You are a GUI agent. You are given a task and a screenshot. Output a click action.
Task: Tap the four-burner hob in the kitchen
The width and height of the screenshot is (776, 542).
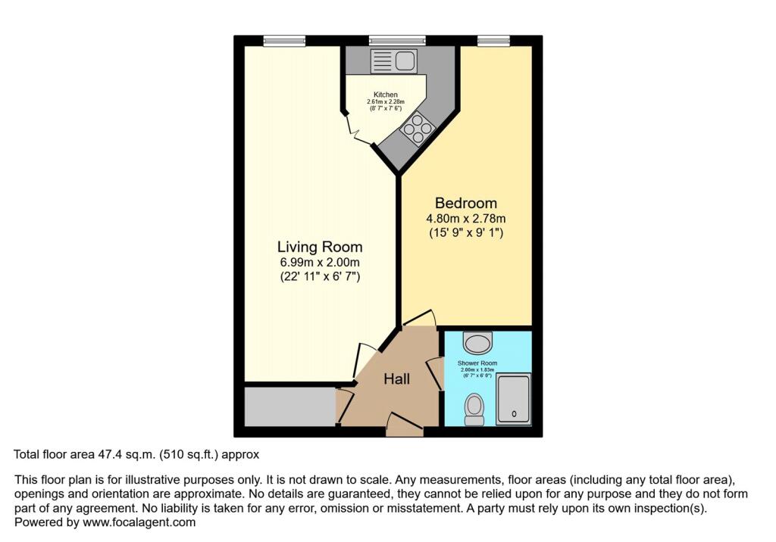(416, 129)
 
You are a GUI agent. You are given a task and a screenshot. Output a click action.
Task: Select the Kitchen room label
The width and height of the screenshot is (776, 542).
(380, 95)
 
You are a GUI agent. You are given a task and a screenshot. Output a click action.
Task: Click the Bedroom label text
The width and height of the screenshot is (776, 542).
(465, 203)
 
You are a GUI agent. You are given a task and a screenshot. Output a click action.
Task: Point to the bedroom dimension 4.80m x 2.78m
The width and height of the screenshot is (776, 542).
(465, 219)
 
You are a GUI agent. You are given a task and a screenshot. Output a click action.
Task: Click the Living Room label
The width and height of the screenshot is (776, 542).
(320, 247)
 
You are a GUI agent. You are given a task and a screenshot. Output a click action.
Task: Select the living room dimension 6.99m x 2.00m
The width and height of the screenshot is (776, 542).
(320, 263)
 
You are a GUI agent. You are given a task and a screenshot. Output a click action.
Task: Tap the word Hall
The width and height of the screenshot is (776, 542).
(396, 378)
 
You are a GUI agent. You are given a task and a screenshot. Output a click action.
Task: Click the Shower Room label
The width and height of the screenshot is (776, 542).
(477, 364)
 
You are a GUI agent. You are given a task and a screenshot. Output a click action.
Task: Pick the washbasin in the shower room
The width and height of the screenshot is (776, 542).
(477, 344)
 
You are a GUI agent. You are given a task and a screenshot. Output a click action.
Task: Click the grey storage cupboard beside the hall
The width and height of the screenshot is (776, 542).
(289, 406)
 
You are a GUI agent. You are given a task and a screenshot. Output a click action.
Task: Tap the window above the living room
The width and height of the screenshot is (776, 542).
(284, 41)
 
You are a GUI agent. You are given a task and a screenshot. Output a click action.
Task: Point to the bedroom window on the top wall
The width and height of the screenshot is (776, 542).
(493, 41)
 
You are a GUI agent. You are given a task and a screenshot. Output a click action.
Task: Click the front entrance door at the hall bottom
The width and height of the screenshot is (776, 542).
(404, 427)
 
